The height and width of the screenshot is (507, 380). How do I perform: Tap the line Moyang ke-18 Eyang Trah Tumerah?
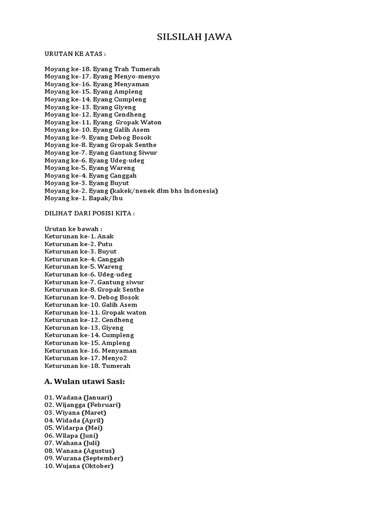(102, 69)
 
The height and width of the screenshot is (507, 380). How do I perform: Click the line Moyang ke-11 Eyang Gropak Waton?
(103, 122)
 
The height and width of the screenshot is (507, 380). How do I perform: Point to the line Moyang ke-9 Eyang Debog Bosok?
(98, 137)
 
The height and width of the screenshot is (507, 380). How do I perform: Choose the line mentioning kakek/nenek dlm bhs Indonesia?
(131, 191)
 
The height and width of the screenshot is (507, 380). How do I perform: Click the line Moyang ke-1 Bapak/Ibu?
(84, 198)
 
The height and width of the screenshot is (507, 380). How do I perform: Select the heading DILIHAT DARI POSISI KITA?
(90, 213)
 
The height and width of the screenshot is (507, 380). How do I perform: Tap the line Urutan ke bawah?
(74, 229)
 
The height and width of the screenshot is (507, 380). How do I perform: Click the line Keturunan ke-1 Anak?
(79, 236)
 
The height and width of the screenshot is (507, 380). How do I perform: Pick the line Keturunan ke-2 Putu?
(78, 244)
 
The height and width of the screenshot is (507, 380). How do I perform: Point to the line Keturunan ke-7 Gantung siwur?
(95, 282)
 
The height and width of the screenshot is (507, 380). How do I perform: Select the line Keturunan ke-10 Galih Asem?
(91, 305)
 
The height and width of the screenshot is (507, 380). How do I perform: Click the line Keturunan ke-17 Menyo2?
(89, 358)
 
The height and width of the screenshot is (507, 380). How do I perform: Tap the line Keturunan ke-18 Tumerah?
(88, 366)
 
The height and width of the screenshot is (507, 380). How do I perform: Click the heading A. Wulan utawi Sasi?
(85, 382)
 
